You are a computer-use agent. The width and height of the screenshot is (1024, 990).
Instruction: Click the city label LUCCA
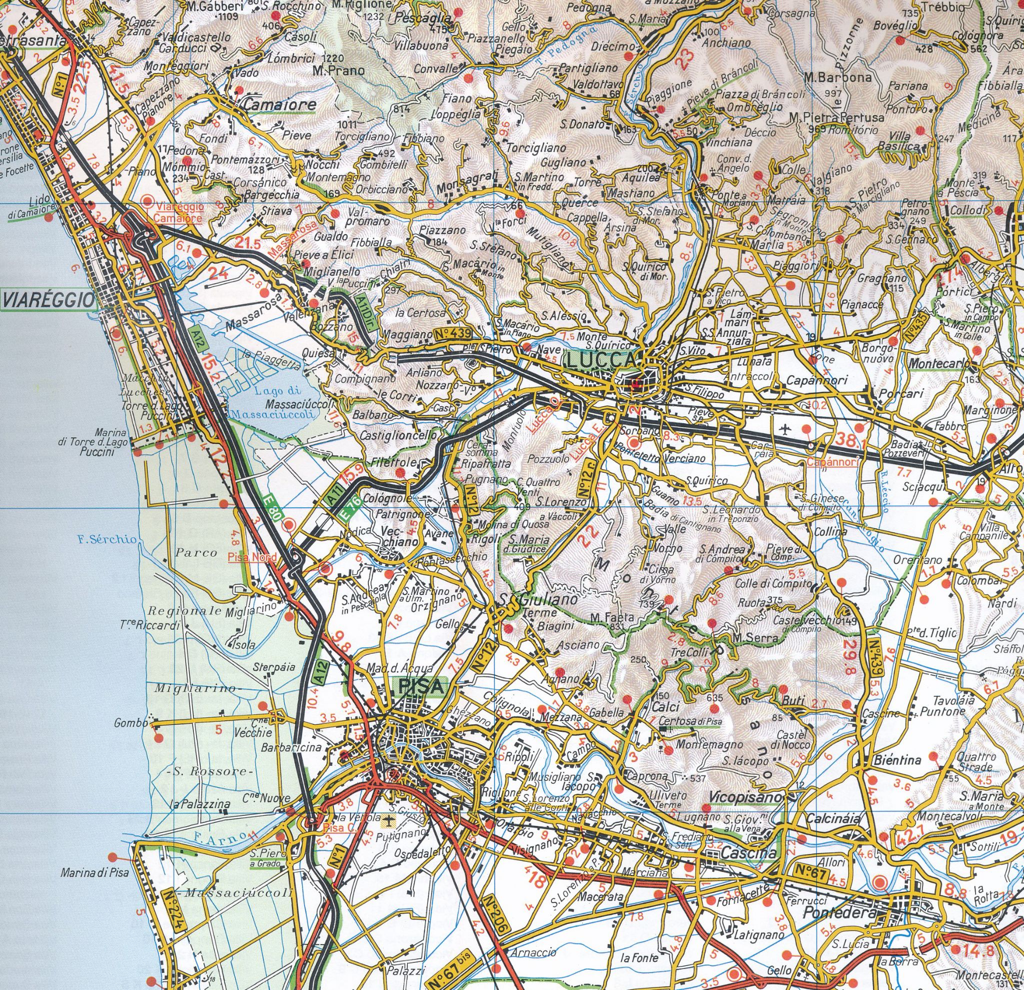point(601,361)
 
